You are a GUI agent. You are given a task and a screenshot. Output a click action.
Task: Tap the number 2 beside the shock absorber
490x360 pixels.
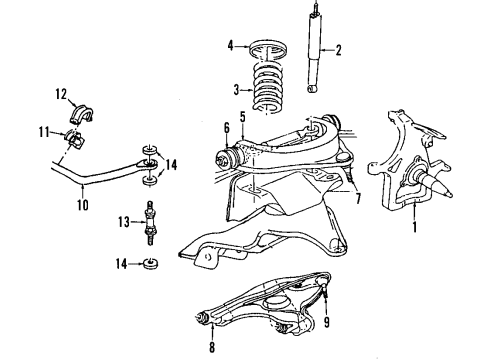pyautogui.click(x=338, y=51)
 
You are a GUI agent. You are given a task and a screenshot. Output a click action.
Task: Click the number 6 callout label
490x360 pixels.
pyautogui.click(x=226, y=127)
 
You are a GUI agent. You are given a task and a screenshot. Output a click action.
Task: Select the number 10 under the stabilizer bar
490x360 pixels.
pyautogui.click(x=82, y=205)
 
